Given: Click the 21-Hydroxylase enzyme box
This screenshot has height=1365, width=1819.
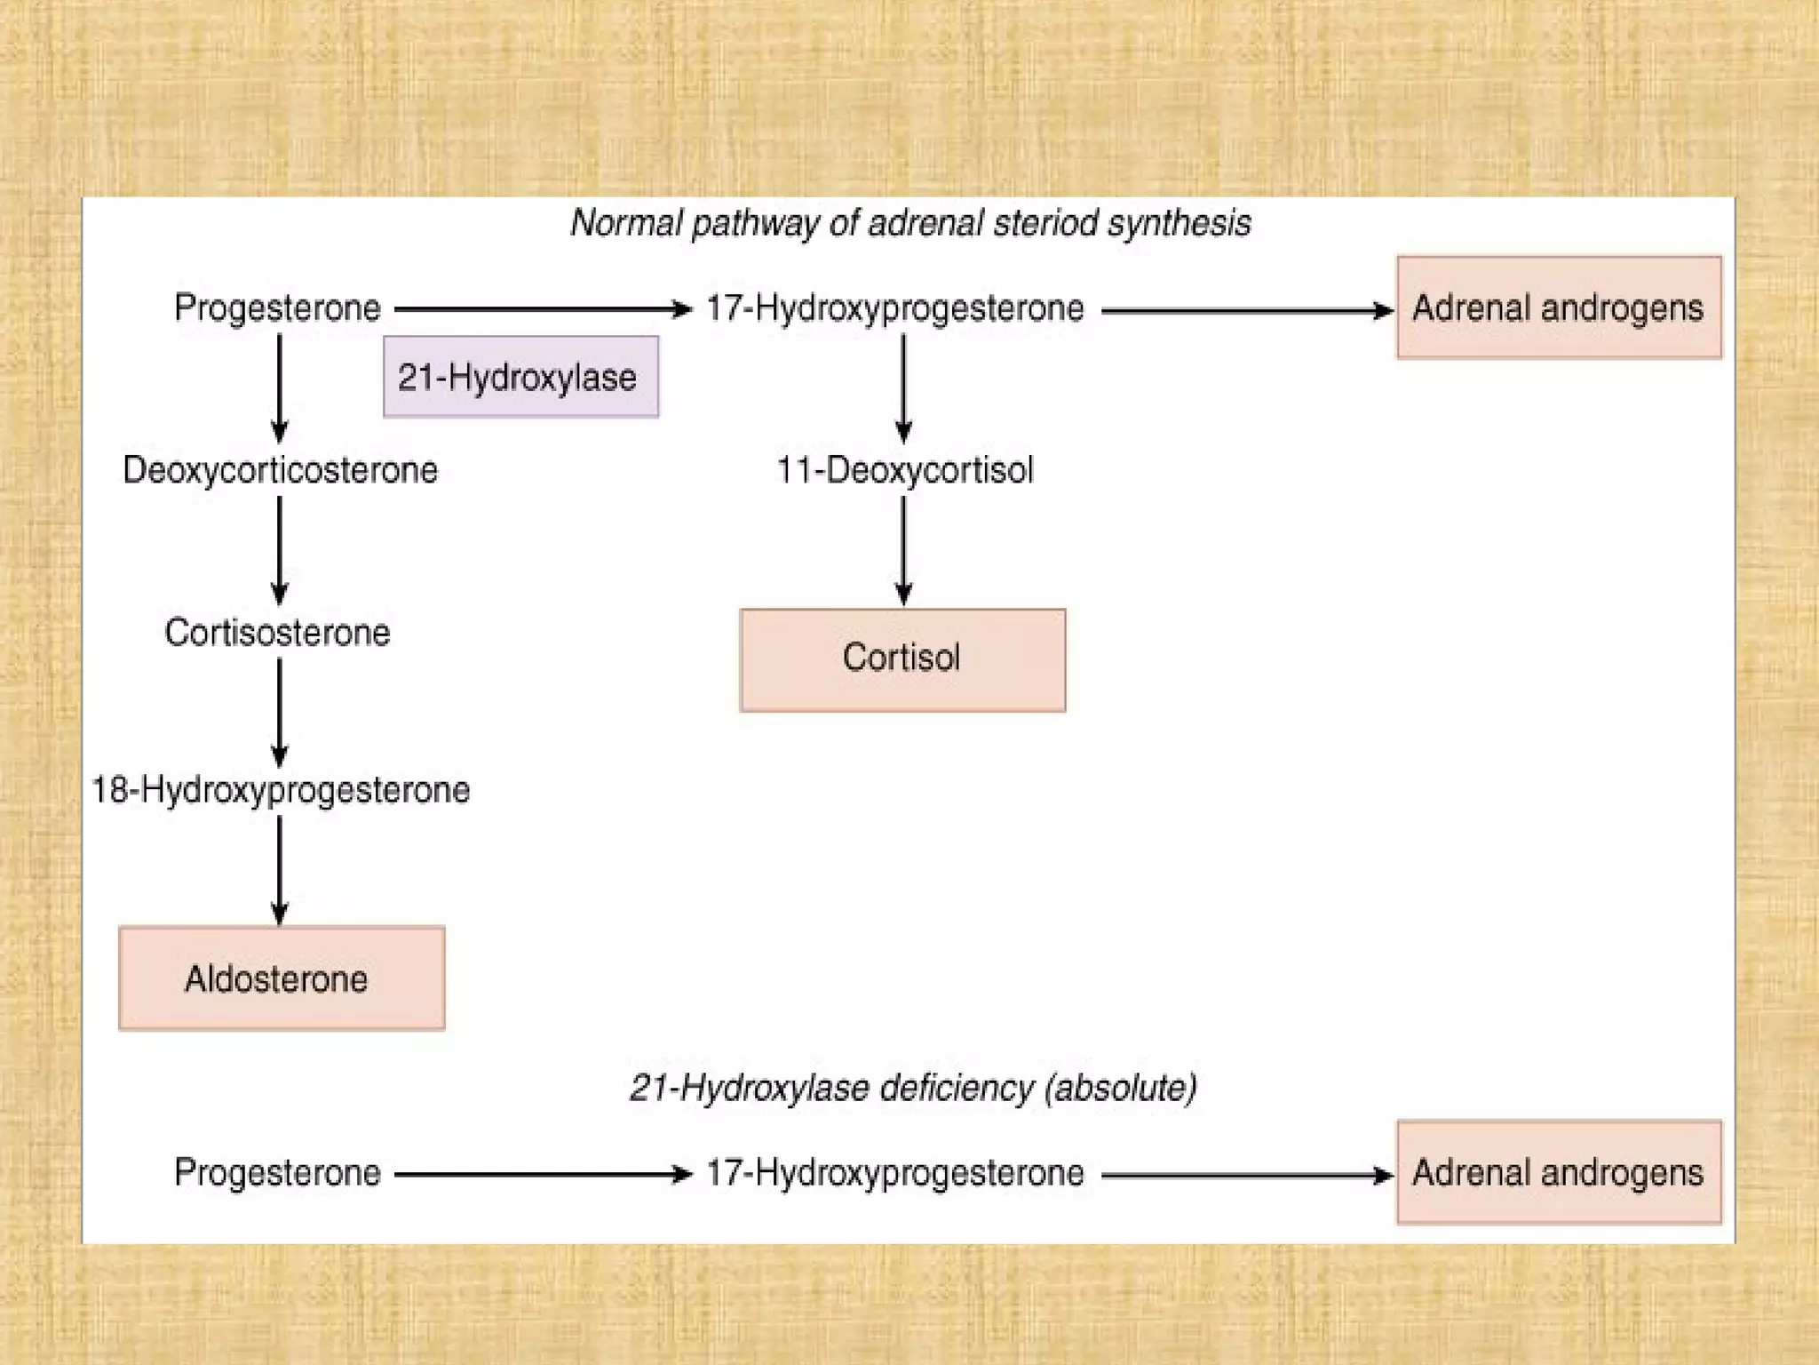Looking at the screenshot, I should pyautogui.click(x=520, y=377).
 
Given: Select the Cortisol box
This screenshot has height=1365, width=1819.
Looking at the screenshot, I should pyautogui.click(x=902, y=659).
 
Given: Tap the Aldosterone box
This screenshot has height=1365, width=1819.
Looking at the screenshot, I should pyautogui.click(x=281, y=978).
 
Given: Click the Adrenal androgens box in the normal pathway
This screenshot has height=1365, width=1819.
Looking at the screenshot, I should pyautogui.click(x=1559, y=307).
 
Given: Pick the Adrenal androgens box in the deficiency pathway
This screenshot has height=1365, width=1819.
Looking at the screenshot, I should pyautogui.click(x=1559, y=1172).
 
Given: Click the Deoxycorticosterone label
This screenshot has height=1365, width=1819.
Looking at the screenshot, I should pyautogui.click(x=280, y=470).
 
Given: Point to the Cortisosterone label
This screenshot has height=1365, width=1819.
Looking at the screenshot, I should pyautogui.click(x=277, y=633).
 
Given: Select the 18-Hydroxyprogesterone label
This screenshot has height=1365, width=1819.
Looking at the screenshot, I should pyautogui.click(x=281, y=790).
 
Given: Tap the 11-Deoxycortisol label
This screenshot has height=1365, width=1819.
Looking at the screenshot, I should pyautogui.click(x=904, y=470).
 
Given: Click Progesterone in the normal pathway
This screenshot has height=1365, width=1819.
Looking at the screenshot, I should pyautogui.click(x=277, y=308).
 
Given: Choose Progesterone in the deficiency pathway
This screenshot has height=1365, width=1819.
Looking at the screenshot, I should pyautogui.click(x=277, y=1173).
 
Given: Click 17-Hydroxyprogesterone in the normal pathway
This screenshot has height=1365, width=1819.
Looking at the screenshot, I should pyautogui.click(x=894, y=308).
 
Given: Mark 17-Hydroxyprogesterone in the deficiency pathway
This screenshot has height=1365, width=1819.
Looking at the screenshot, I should pyautogui.click(x=894, y=1173).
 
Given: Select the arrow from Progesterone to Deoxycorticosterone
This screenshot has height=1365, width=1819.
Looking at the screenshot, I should pyautogui.click(x=279, y=387).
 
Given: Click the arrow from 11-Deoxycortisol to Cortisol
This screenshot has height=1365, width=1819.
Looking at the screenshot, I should pyautogui.click(x=903, y=549).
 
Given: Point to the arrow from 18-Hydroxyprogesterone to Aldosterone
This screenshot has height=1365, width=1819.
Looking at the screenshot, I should pyautogui.click(x=279, y=869).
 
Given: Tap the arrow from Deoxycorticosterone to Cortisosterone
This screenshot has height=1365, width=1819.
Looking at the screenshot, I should pyautogui.click(x=279, y=549).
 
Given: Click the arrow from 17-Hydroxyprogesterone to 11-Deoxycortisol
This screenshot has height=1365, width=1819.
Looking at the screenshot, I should pyautogui.click(x=903, y=387).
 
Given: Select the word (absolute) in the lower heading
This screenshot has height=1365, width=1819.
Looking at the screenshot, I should pyautogui.click(x=1120, y=1088).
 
